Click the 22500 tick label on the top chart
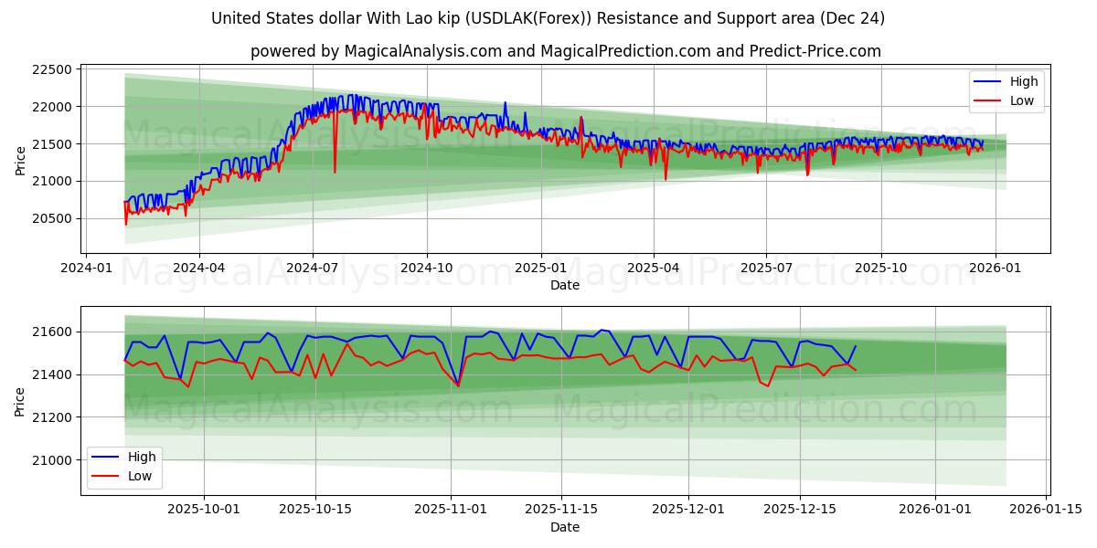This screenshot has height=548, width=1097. pyautogui.click(x=51, y=69)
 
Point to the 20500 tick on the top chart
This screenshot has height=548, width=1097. pyautogui.click(x=51, y=218)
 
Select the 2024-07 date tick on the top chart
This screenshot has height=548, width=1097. pyautogui.click(x=313, y=268)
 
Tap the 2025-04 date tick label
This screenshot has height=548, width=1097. pyautogui.click(x=654, y=268)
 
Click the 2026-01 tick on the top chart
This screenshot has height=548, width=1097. pyautogui.click(x=995, y=268)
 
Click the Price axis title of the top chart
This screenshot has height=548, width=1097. pyautogui.click(x=20, y=161)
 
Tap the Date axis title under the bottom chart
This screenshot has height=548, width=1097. pyautogui.click(x=565, y=527)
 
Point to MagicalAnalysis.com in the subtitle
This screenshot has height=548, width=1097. pyautogui.click(x=422, y=51)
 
